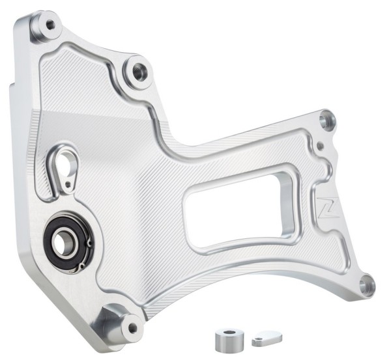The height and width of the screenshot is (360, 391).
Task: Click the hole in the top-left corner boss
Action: pyautogui.click(x=50, y=25)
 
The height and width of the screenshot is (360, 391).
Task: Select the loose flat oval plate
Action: pyautogui.click(x=264, y=339)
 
